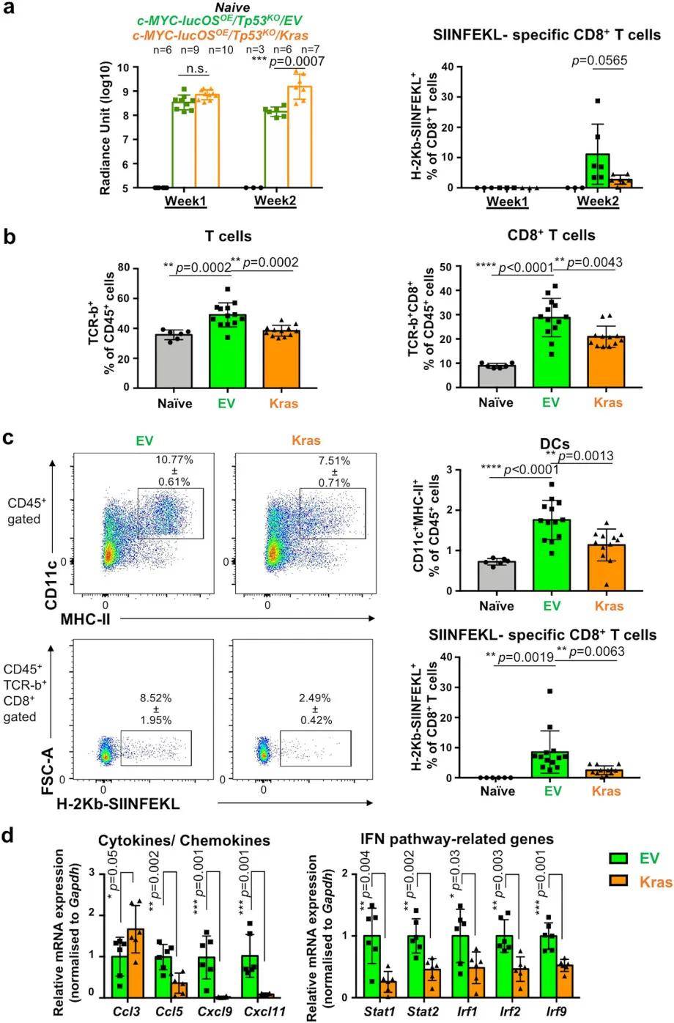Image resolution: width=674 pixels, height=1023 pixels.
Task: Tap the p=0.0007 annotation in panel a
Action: coord(297,62)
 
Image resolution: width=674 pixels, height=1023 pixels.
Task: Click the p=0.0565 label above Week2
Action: coord(598,62)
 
